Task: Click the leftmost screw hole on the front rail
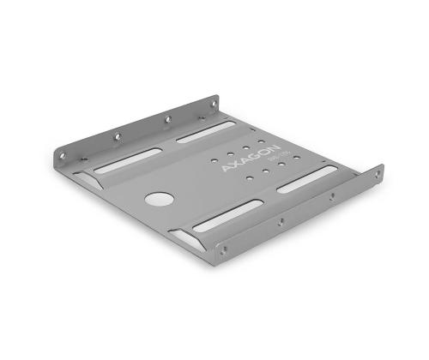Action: (x=225, y=251)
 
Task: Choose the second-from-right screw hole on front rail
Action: (x=332, y=196)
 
